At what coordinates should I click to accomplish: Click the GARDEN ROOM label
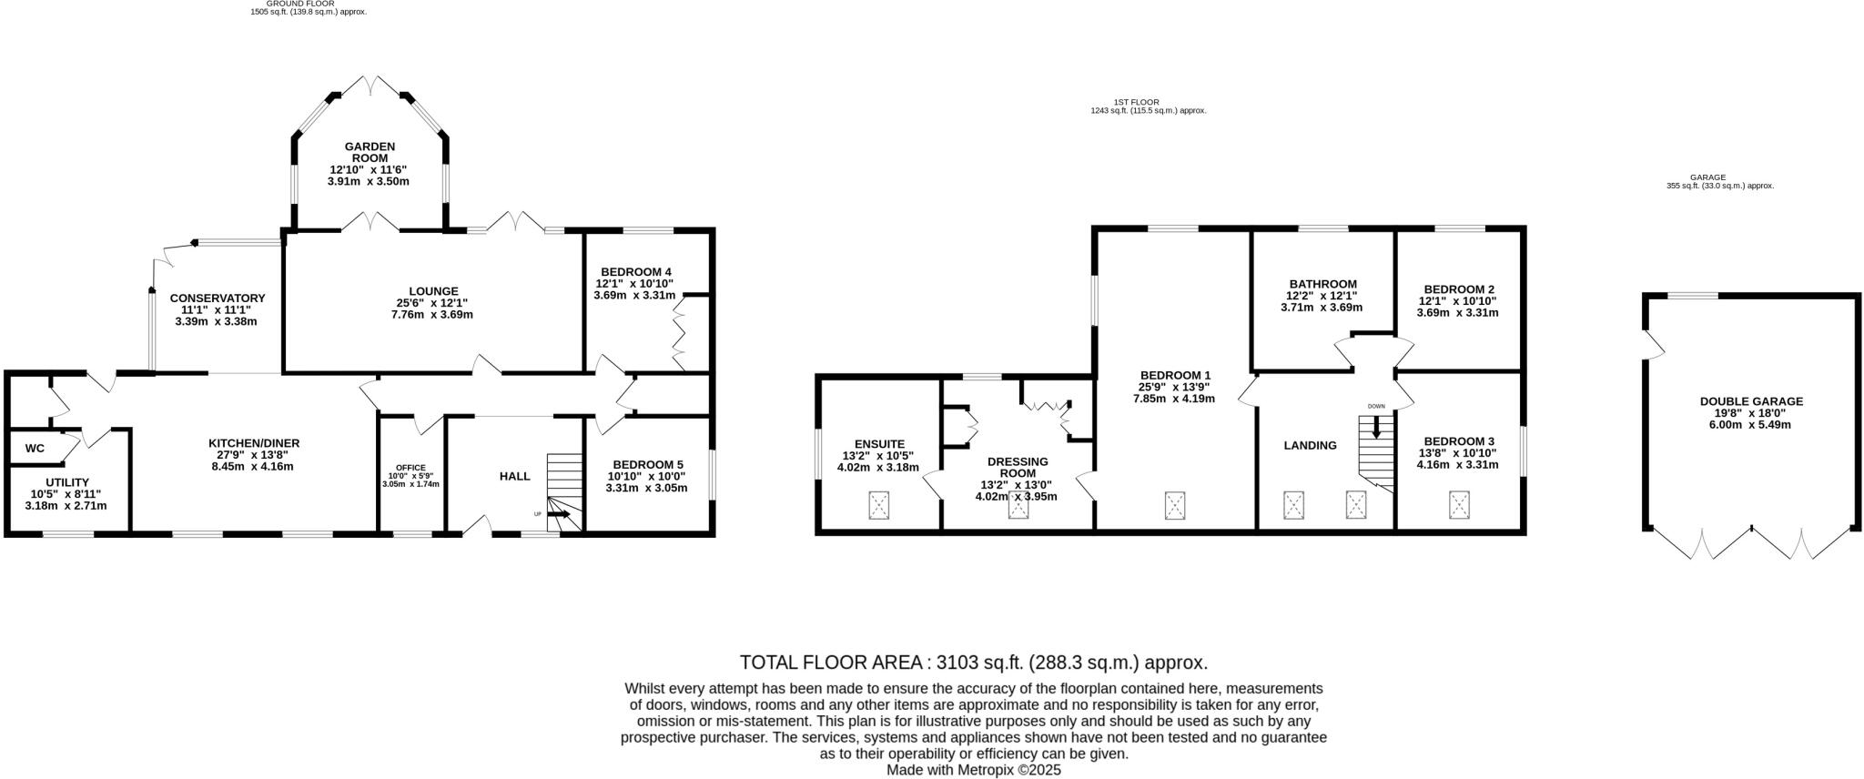370,152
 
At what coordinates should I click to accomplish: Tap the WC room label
35,449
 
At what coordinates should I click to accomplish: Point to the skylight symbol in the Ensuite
878,504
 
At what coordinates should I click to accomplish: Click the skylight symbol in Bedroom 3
1460,504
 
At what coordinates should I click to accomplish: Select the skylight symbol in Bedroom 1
1175,505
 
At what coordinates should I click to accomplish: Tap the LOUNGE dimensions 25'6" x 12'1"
432,303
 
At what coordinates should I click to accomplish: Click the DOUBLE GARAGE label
1751,401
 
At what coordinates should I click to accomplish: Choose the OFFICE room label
410,468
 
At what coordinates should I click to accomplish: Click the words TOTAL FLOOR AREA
831,663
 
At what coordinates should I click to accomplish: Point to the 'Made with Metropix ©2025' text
974,770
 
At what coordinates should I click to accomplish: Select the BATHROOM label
1322,284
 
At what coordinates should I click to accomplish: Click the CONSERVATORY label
218,298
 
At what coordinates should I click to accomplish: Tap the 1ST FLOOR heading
1136,102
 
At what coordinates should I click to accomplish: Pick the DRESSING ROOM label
1017,467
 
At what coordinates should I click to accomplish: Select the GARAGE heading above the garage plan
1707,177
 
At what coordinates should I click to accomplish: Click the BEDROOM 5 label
648,464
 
